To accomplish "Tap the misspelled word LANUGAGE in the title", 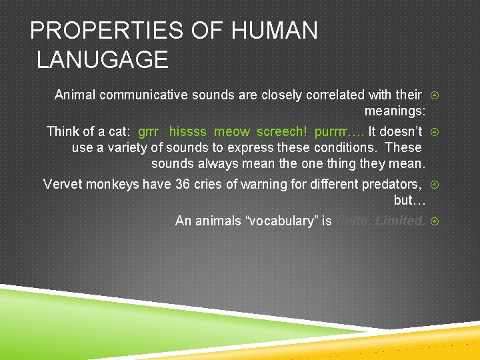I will pos(102,60).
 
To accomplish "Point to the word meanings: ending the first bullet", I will pos(395,111).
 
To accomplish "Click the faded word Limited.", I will pos(400,221).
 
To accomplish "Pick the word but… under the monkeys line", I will pos(409,201).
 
